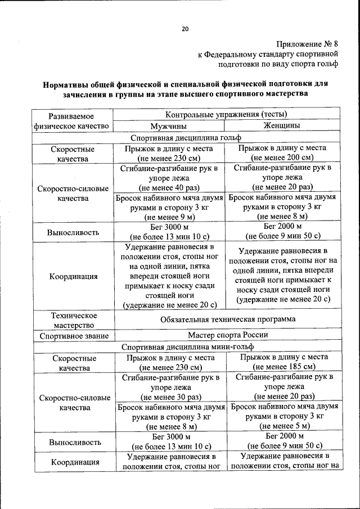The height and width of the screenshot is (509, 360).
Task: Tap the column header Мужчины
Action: (x=168, y=126)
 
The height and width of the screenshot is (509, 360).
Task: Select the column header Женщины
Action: (x=282, y=125)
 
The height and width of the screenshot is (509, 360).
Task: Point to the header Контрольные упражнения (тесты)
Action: (x=226, y=115)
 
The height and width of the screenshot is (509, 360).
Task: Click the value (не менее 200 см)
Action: (x=282, y=158)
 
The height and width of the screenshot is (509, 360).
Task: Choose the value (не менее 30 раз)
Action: (x=170, y=397)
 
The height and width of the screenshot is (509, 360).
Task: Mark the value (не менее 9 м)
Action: (x=170, y=217)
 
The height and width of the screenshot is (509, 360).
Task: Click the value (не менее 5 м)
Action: (x=283, y=426)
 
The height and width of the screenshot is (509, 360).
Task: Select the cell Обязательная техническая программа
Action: (x=227, y=319)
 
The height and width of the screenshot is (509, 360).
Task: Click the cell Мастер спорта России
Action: (x=227, y=335)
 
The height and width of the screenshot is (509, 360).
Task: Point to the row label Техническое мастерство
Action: (x=74, y=319)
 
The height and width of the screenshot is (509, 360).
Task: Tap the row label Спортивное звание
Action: (x=74, y=336)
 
